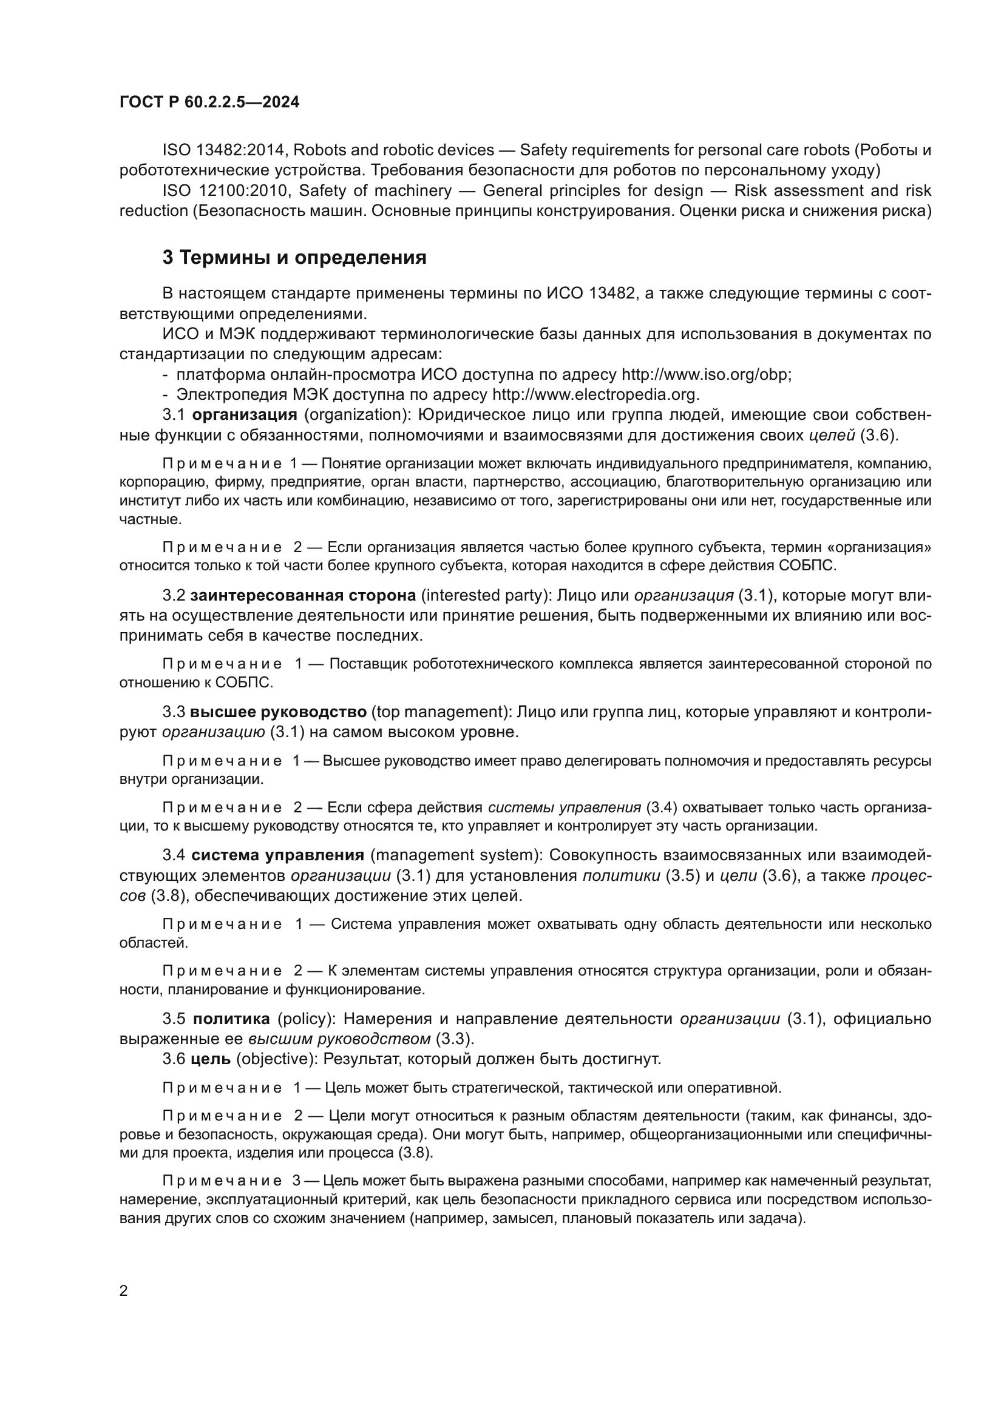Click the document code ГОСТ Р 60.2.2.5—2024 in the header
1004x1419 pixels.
pos(209,103)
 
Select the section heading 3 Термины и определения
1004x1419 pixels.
pos(294,258)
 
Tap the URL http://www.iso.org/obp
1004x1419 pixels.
pos(705,375)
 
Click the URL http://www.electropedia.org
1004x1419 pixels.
pos(595,395)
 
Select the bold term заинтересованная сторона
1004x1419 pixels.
pos(303,596)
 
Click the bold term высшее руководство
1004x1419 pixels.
pos(278,713)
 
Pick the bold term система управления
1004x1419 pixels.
pos(277,856)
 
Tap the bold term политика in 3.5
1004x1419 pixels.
pos(232,1019)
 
